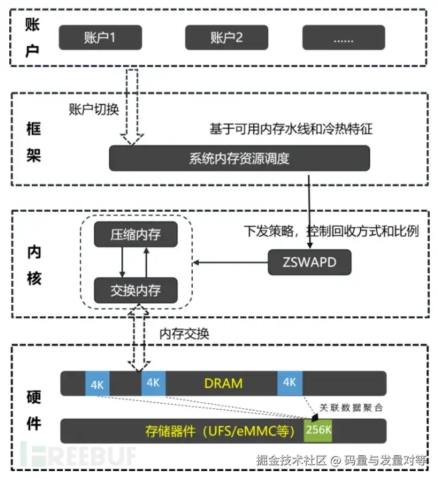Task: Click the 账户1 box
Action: point(101,37)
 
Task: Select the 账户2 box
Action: point(226,37)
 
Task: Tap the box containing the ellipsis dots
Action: point(344,37)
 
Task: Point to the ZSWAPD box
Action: point(309,263)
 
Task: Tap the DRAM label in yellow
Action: point(223,383)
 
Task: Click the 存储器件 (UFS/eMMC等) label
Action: point(219,431)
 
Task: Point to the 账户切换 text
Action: point(93,109)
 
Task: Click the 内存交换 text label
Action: point(185,333)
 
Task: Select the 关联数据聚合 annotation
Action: point(351,407)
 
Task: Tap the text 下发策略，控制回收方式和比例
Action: point(331,232)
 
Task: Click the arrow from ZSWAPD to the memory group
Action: point(229,263)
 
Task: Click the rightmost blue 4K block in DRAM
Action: point(289,383)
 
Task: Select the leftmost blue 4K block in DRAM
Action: point(97,384)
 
